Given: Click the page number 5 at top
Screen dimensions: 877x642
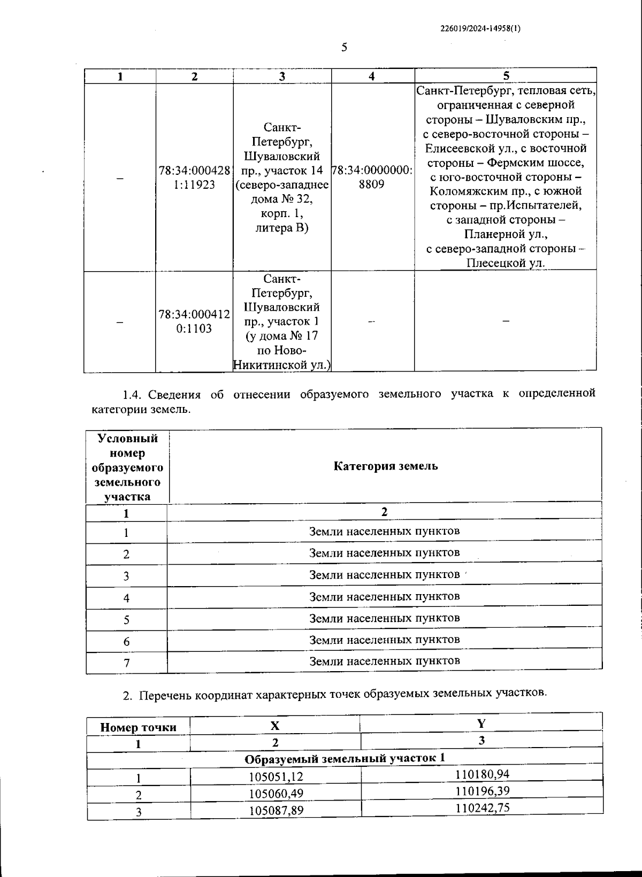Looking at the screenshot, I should [344, 48].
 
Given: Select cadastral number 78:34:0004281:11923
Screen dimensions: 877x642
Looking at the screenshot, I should [194, 178].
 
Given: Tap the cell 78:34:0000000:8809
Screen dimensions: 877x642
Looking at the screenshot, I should [372, 177].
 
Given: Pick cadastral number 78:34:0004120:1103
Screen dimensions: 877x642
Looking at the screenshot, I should [194, 321].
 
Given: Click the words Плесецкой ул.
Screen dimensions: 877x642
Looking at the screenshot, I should [505, 263].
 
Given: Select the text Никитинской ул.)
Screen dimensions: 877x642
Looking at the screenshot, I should [282, 365].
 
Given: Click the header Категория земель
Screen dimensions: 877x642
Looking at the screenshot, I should [385, 466].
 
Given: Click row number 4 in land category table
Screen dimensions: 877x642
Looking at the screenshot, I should [126, 598].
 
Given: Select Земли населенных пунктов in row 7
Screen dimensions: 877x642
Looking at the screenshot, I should [384, 661].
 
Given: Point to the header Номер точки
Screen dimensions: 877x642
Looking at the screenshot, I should [138, 727].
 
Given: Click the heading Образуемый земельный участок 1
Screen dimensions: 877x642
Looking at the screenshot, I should [345, 759].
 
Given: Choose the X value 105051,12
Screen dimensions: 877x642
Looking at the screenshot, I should [276, 776].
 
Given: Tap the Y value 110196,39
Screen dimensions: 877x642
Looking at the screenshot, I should [482, 790].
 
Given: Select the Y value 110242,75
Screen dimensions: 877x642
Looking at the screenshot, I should [482, 807].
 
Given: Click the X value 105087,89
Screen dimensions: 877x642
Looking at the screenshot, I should [276, 810].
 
